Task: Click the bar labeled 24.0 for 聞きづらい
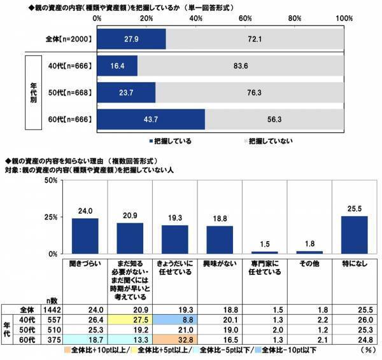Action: pos(85,236)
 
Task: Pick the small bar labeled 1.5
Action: pos(265,252)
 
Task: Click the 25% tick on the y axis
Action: pos(52,217)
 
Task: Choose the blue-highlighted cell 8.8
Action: pos(175,319)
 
